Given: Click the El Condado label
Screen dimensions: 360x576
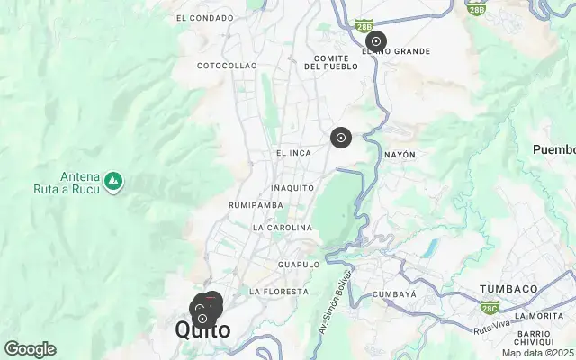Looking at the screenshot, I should (205, 17).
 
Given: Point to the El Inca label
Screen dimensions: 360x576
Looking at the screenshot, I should (293, 153).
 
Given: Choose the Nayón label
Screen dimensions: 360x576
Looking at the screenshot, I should (400, 155).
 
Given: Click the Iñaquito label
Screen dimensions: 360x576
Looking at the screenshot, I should (292, 187).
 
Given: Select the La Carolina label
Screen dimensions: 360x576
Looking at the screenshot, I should (282, 228).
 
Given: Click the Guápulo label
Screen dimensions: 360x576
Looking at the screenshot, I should (299, 265).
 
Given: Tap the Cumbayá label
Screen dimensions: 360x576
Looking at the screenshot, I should (395, 294).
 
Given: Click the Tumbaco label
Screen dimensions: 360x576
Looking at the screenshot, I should (508, 289).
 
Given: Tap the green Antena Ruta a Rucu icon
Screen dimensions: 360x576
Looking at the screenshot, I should (113, 183).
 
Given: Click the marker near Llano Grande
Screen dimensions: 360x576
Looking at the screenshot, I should (375, 41).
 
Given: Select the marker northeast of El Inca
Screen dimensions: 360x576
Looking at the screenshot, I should (340, 138).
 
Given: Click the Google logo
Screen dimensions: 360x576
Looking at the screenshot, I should (30, 349).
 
